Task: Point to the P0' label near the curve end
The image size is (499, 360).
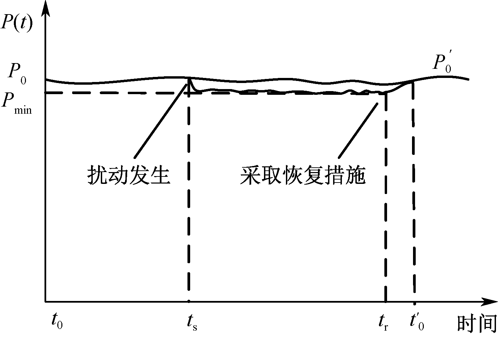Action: pos(442,63)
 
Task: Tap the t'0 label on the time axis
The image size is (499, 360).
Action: pos(417,321)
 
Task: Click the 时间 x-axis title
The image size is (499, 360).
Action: pos(477,323)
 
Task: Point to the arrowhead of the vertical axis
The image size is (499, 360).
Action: pos(46,8)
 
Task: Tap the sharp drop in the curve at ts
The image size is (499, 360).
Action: pos(192,84)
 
